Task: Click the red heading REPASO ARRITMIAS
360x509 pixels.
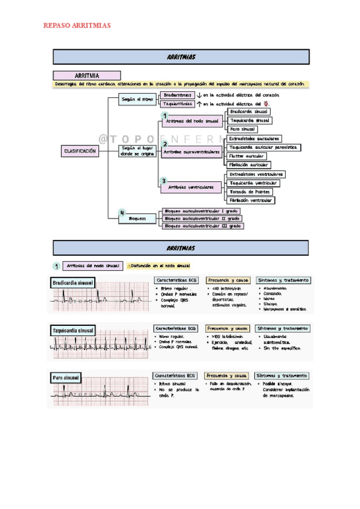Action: click(x=77, y=26)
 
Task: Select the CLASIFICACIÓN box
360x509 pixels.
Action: click(x=81, y=152)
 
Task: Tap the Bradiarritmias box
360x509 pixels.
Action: click(x=178, y=95)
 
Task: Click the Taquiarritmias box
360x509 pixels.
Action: click(x=178, y=104)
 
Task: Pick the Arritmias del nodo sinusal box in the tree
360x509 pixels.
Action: click(x=191, y=121)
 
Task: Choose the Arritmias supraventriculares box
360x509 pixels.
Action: click(x=191, y=152)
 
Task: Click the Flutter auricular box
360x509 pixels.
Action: click(x=247, y=156)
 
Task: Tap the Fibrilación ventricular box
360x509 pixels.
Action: click(x=251, y=200)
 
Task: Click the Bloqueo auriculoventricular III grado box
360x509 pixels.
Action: click(x=202, y=226)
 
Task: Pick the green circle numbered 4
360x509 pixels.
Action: click(x=122, y=212)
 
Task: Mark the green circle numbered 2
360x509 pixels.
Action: click(x=164, y=145)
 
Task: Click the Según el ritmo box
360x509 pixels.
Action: click(x=137, y=99)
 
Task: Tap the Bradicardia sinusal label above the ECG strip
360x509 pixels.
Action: click(x=73, y=282)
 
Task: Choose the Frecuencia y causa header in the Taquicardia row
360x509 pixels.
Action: click(x=227, y=329)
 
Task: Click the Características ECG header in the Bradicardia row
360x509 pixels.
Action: click(x=176, y=280)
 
